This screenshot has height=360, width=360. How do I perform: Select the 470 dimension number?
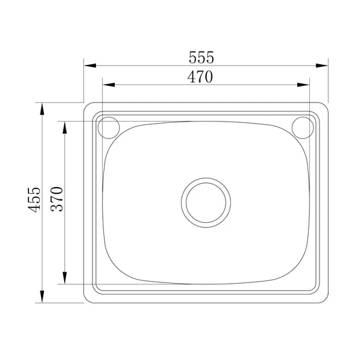click(x=200, y=78)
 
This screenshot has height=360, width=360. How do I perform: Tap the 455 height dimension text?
click(x=35, y=201)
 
